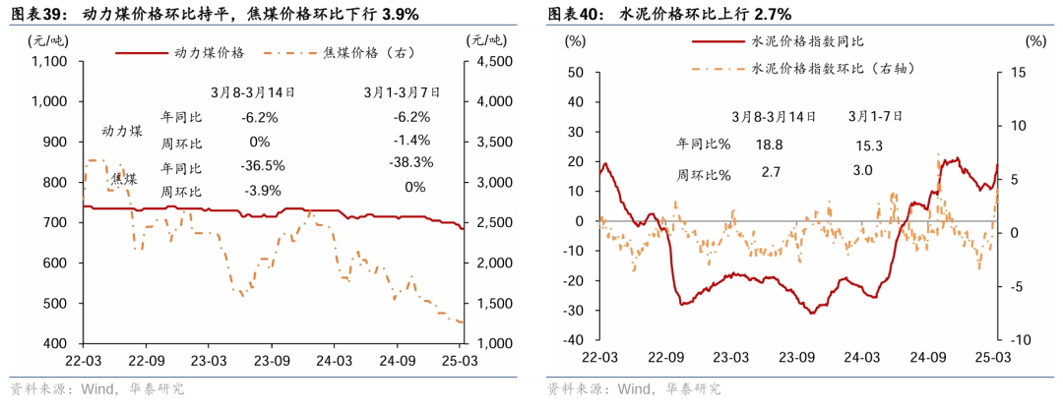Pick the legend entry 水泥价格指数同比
coord(798,42)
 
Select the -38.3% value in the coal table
coord(410,162)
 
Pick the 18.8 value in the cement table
coord(770,145)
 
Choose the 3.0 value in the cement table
coord(863,171)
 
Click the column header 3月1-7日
coord(875,116)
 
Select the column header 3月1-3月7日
coord(402,92)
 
